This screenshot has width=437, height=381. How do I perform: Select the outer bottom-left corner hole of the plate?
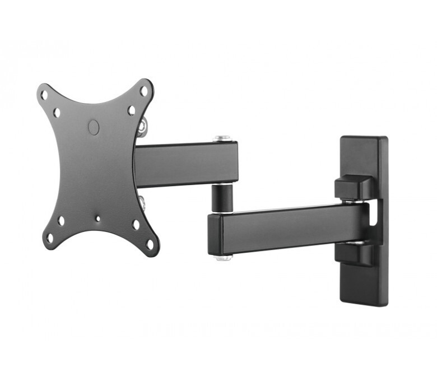(49, 237)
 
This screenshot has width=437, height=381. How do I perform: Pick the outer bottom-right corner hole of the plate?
(149, 244)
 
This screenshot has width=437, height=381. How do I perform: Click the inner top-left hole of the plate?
(57, 113)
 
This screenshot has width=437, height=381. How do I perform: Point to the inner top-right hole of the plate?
(131, 110)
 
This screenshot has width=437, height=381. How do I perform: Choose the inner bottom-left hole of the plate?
(61, 220)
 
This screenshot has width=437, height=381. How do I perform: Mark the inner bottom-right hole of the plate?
(136, 225)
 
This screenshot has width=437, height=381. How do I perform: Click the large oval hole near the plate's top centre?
(94, 127)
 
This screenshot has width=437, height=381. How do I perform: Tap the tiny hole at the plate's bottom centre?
(98, 219)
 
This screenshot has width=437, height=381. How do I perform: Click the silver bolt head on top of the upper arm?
(222, 138)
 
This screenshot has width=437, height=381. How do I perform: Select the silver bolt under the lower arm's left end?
(224, 257)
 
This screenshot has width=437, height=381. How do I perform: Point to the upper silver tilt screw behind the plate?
(143, 127)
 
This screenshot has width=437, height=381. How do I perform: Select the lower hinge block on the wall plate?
(354, 253)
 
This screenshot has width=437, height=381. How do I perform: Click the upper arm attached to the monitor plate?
(186, 164)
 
